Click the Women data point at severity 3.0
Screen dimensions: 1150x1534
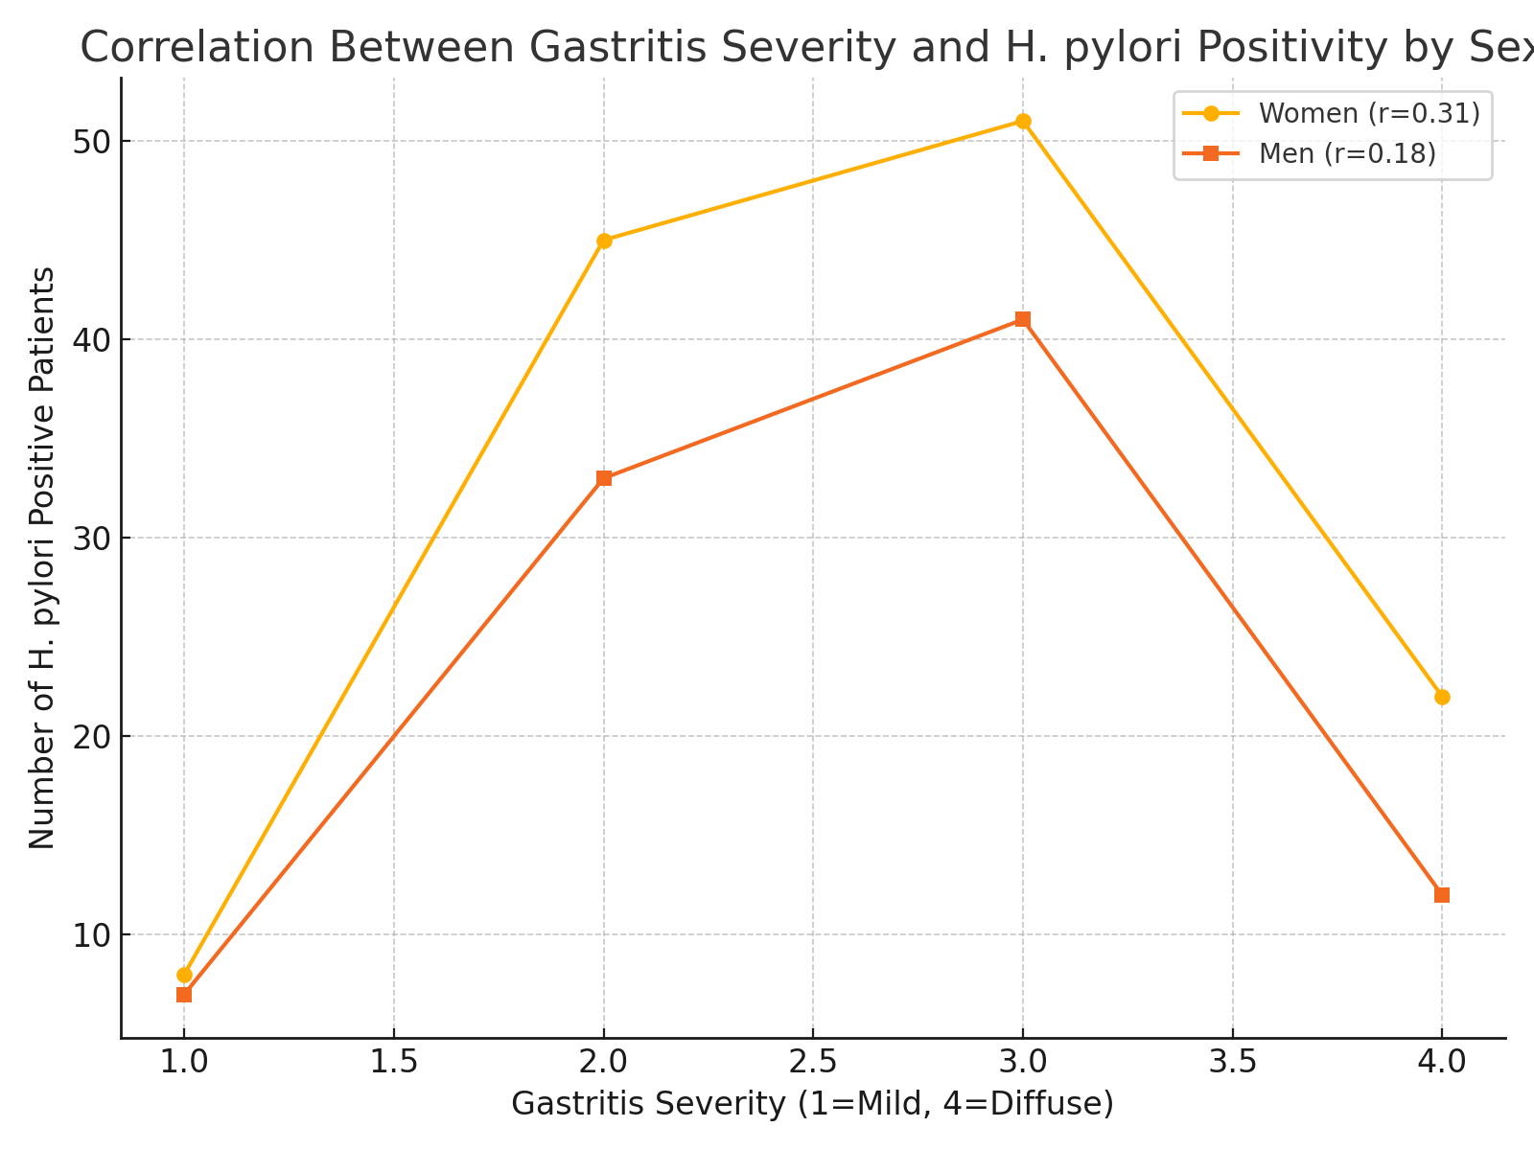[x=1023, y=122]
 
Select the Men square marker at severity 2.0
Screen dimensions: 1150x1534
[x=604, y=478]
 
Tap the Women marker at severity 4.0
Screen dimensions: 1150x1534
[x=1442, y=697]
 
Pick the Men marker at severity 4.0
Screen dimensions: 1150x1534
[x=1442, y=895]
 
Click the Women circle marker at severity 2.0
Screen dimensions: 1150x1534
[x=604, y=241]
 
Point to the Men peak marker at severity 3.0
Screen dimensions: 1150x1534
[x=1023, y=319]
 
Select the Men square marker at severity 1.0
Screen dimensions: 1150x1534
[x=184, y=995]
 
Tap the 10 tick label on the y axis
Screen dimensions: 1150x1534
[x=92, y=934]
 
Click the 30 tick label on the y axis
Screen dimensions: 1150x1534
[x=92, y=538]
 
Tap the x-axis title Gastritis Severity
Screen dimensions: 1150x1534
[x=812, y=1104]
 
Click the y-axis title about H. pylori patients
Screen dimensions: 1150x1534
[x=42, y=558]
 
